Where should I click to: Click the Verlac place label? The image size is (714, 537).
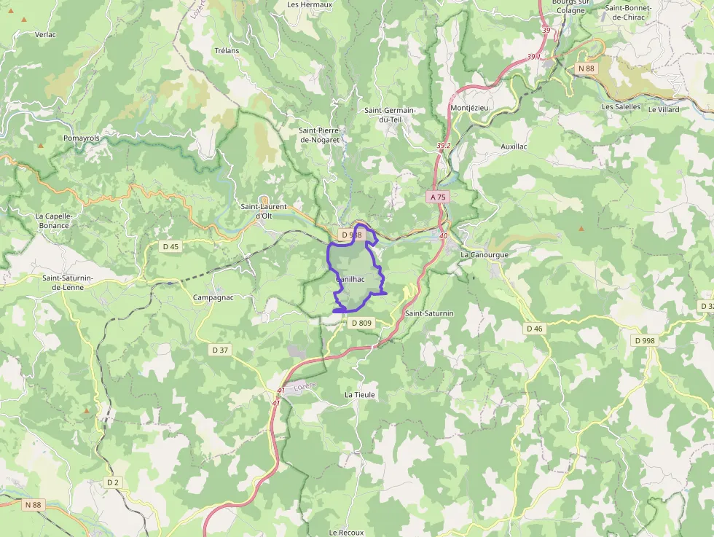45,34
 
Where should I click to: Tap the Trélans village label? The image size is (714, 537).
227,51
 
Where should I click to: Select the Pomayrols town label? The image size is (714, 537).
82,138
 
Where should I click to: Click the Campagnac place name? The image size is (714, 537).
212,297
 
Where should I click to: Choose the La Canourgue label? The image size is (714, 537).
484,254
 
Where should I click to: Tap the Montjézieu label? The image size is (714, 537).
471,107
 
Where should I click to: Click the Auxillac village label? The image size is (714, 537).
514,146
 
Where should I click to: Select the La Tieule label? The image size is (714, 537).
360,394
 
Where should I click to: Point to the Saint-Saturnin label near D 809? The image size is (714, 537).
429,313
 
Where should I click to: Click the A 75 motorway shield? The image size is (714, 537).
437,197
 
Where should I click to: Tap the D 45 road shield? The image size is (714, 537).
170,246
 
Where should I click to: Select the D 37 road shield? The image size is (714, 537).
220,350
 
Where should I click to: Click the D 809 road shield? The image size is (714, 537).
361,323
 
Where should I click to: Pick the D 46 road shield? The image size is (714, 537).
535,329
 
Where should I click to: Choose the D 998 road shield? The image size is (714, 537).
645,340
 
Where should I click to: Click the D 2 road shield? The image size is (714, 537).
112,482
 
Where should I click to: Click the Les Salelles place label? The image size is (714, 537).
621,106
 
